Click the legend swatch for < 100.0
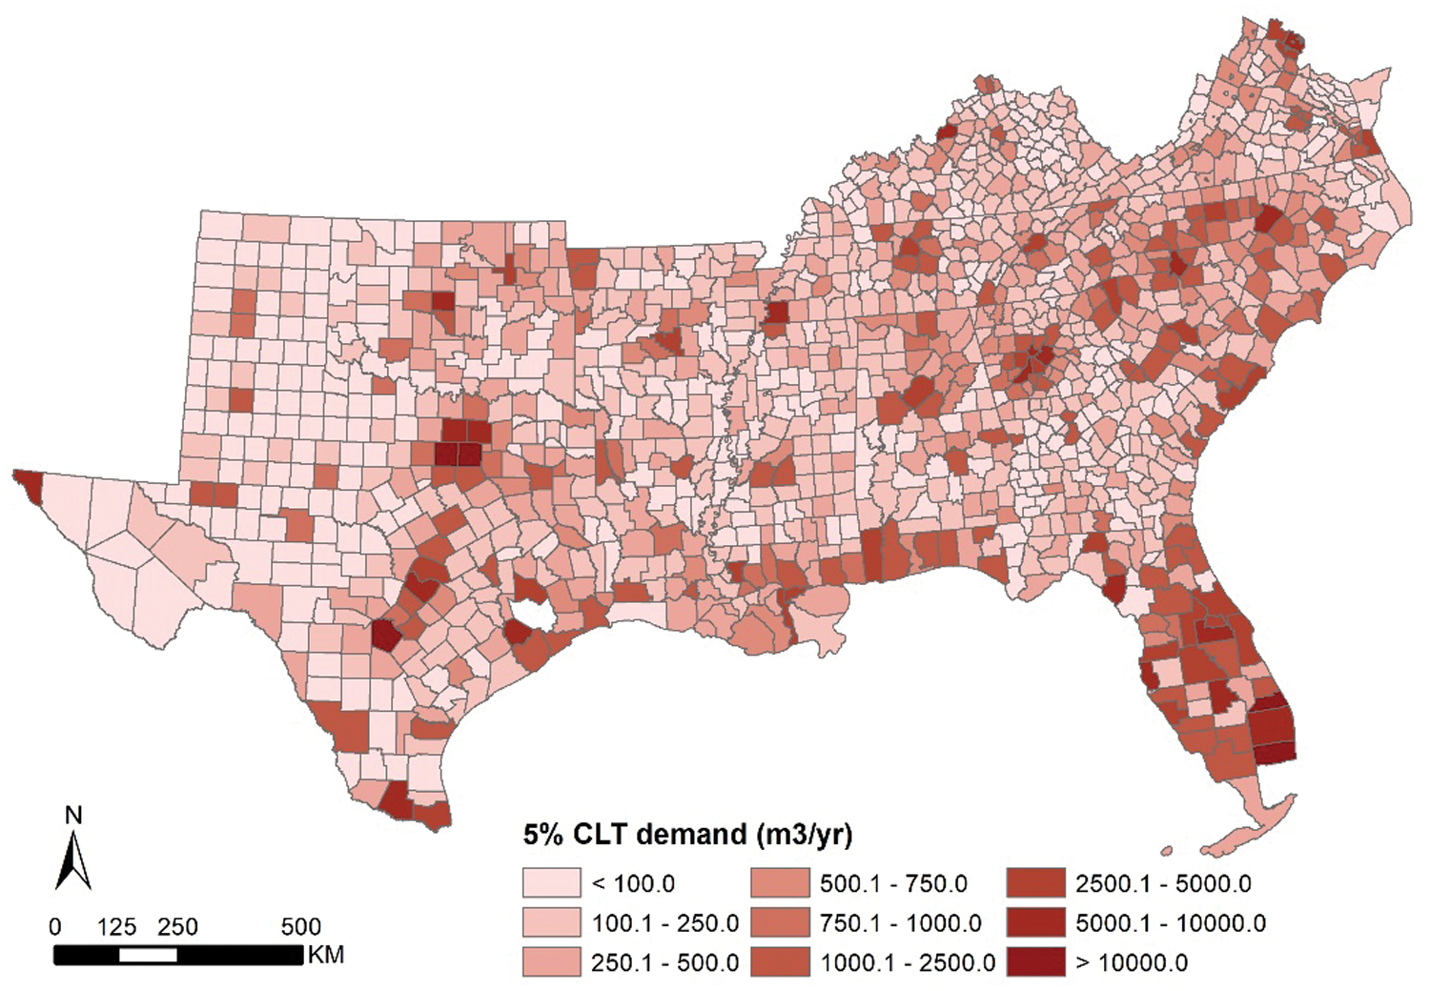[x=551, y=883]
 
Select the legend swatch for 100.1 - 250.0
[x=551, y=922]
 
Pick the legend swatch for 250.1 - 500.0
[x=551, y=961]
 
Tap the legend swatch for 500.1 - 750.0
[x=780, y=883]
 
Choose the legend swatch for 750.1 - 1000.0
[x=780, y=922]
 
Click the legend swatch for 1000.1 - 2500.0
[x=780, y=961]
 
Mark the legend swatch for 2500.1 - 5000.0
[x=1035, y=883]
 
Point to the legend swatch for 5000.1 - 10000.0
[x=1035, y=922]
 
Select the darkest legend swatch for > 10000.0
[x=1035, y=961]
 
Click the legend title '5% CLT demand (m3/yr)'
[x=686, y=835]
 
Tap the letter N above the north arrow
[x=73, y=816]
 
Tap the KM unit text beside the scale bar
[x=325, y=955]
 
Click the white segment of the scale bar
[x=148, y=955]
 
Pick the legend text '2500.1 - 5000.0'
[x=1163, y=883]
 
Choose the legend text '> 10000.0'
[x=1132, y=962]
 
